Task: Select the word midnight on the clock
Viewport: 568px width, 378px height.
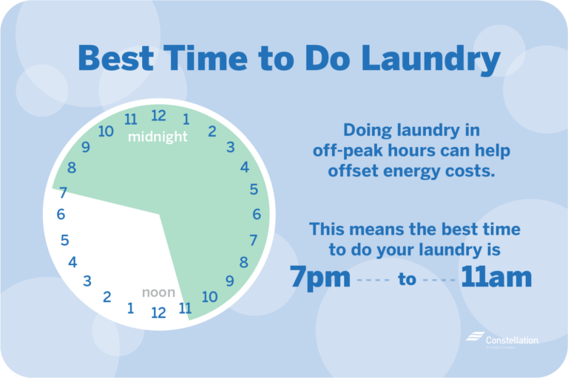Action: pos(158,137)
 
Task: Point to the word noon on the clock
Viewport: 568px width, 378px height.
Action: pos(158,292)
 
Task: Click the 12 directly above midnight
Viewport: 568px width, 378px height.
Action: pos(158,116)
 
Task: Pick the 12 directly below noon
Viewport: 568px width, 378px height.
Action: pos(158,312)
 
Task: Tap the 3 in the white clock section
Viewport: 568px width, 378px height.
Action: pos(87,281)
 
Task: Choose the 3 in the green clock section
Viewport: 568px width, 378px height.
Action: pos(230,148)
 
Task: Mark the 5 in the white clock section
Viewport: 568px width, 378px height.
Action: pos(65,240)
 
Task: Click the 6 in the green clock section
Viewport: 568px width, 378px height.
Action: pos(257,215)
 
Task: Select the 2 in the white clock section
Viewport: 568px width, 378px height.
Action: pos(107,298)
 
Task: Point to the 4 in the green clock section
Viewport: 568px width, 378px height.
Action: pos(245,168)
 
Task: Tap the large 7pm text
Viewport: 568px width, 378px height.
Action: pos(319,278)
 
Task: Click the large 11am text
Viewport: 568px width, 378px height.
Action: pos(496,278)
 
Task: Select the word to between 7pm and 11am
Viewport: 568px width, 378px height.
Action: pos(408,280)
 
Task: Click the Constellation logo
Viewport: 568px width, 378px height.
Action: pos(502,339)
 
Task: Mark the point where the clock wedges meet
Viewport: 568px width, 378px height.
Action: pos(160,215)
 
